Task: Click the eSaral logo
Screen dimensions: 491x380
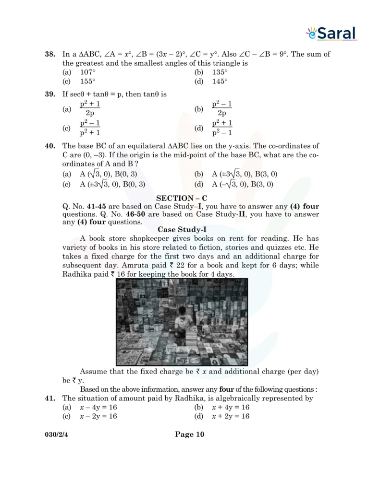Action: [x=331, y=33]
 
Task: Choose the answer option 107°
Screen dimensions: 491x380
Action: [x=88, y=72]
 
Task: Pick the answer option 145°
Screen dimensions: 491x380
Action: [x=220, y=82]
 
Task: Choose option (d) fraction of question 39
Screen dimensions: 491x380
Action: [x=222, y=128]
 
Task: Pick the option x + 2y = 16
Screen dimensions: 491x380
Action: [x=231, y=417]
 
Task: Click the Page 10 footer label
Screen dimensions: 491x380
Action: [x=190, y=434]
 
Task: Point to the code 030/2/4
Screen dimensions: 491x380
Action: [x=56, y=435]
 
